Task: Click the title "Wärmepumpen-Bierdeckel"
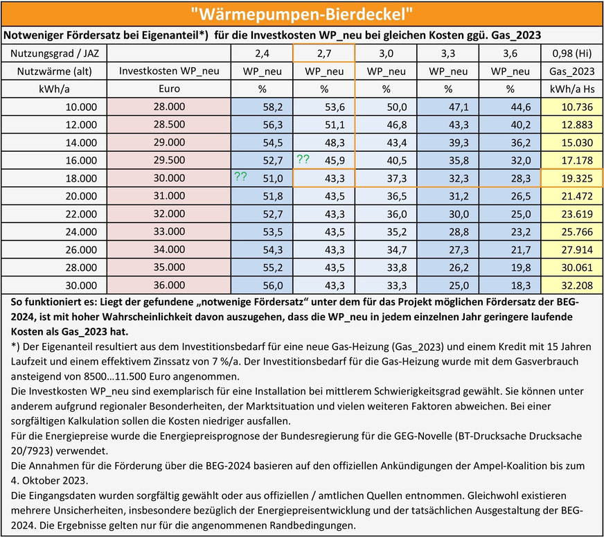pos(301,13)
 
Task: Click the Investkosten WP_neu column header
pos(170,71)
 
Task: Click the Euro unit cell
pos(170,89)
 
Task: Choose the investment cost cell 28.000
pos(170,107)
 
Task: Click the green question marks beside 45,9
pos(303,159)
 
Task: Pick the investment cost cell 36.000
pos(170,285)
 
